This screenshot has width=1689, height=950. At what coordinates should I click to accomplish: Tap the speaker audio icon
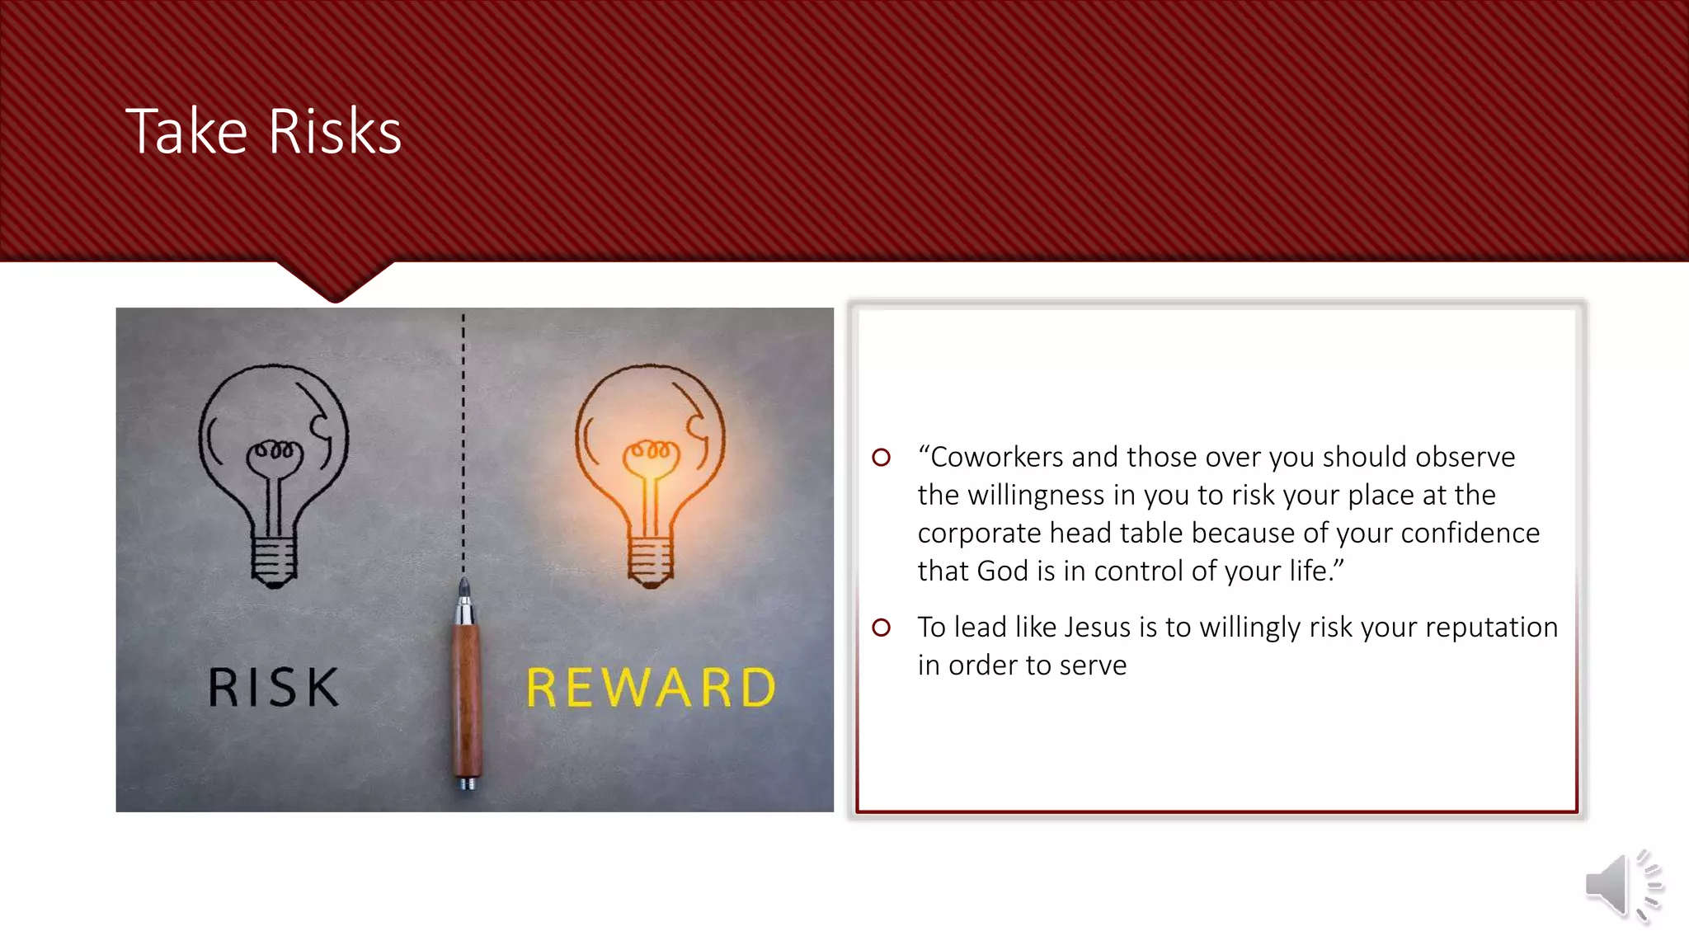coord(1621,886)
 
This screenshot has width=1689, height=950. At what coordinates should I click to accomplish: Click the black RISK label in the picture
coord(273,688)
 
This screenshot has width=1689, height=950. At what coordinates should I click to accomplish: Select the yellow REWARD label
coord(651,688)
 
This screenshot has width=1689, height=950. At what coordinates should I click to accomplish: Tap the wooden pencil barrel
coord(466,701)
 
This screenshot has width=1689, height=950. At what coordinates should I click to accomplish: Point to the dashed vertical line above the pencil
coord(463,445)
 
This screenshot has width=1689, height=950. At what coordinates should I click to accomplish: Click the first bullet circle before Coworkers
coord(881,457)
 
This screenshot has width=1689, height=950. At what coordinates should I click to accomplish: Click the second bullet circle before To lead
coord(881,628)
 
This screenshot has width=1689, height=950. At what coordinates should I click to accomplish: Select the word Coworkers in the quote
coord(996,457)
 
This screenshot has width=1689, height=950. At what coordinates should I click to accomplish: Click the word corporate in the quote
coord(979,533)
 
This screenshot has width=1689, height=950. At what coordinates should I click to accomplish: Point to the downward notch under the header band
coord(335,285)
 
